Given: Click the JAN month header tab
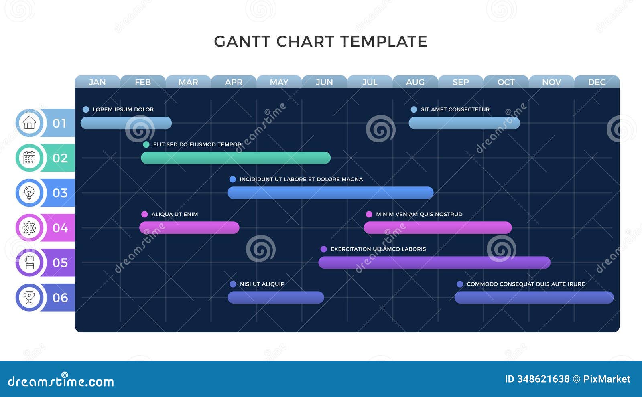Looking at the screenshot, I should tap(97, 82).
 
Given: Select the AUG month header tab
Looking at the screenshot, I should tap(415, 82).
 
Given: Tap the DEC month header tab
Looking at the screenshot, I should tap(597, 82).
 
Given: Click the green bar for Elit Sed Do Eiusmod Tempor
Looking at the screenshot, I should tap(236, 158).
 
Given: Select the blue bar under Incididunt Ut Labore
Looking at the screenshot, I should tap(330, 192).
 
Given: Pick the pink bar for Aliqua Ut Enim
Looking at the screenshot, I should tap(189, 227).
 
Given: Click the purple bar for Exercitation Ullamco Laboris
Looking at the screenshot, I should tap(434, 262).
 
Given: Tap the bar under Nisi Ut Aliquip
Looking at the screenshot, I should tap(276, 297).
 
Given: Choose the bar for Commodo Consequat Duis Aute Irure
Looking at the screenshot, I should tap(534, 297).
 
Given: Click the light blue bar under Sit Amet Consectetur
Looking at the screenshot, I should tap(464, 123).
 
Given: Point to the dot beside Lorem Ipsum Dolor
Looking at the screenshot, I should tap(85, 109).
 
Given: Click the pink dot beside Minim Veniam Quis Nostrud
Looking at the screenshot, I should tap(369, 214).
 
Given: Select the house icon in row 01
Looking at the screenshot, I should tap(29, 123).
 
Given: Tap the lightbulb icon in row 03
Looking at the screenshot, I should tap(29, 192).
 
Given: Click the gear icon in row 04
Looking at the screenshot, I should tap(29, 228).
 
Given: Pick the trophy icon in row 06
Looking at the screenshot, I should tap(29, 298).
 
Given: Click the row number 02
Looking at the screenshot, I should tap(60, 158).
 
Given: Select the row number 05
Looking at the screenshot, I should tap(60, 263).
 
